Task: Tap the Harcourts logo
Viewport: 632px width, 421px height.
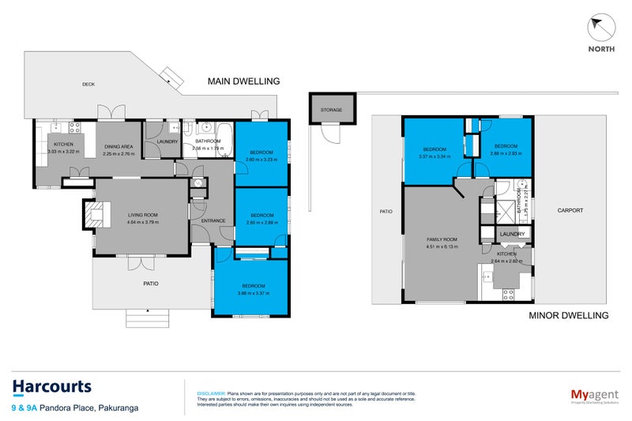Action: (x=52, y=387)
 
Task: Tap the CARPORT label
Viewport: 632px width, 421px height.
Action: (x=570, y=211)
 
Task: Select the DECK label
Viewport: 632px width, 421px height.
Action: (x=88, y=85)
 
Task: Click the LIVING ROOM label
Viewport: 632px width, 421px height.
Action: (x=143, y=214)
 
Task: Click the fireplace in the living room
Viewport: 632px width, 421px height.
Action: (x=94, y=213)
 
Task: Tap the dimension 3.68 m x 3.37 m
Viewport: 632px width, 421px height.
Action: (x=252, y=293)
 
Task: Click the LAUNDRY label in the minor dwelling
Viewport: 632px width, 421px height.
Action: (x=513, y=234)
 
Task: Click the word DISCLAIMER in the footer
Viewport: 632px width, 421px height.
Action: (x=210, y=393)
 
